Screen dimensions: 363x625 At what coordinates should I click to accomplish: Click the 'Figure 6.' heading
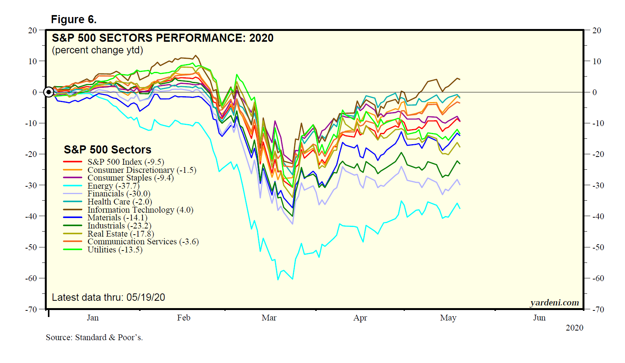(x=74, y=19)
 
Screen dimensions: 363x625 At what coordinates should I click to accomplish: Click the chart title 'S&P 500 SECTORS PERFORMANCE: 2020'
(x=163, y=38)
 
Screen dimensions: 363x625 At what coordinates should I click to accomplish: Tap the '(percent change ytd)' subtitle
(x=97, y=50)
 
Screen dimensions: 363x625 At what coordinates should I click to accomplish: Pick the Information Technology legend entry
(x=140, y=210)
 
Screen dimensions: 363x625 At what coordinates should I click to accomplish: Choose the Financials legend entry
(x=119, y=194)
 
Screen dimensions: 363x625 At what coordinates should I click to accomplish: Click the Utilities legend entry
(x=115, y=250)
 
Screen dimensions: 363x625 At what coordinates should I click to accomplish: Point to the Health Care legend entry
(x=119, y=202)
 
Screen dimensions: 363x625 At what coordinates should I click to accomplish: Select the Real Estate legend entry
(x=121, y=234)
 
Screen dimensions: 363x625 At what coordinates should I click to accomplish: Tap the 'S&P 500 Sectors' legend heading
(x=107, y=150)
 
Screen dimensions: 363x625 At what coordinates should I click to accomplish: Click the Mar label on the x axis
(x=269, y=318)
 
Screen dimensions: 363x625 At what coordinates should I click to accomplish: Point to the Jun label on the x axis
(x=539, y=318)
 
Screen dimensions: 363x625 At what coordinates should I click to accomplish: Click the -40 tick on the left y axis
(x=31, y=216)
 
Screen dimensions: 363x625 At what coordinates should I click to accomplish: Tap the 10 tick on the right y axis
(x=597, y=61)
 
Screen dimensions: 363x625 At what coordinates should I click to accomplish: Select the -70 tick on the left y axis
(x=31, y=309)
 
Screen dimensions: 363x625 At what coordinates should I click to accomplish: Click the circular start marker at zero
(x=49, y=92)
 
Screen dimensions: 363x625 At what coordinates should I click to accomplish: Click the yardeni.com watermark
(x=554, y=302)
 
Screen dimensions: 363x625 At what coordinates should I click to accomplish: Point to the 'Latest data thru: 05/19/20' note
(x=108, y=297)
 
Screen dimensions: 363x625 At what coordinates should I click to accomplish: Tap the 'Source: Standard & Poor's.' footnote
(x=94, y=337)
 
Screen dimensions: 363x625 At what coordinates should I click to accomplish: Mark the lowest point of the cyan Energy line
(x=278, y=279)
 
